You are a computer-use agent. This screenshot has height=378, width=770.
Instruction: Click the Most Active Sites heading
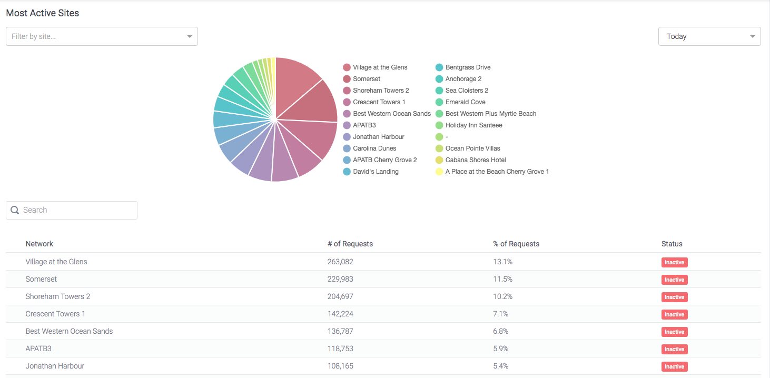(43, 13)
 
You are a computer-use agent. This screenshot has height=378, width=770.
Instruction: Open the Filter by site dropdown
(102, 36)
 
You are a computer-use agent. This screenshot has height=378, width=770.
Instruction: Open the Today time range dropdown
(709, 36)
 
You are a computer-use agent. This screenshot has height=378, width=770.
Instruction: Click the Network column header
(40, 244)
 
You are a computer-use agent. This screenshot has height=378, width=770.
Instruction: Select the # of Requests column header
(350, 244)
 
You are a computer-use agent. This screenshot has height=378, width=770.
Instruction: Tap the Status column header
(672, 244)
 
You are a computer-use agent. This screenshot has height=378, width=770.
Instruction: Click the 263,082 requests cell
(340, 262)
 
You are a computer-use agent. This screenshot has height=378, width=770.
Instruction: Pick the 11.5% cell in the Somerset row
(502, 279)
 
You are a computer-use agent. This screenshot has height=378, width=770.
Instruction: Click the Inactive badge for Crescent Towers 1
(674, 314)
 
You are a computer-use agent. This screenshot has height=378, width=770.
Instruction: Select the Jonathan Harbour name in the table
(55, 366)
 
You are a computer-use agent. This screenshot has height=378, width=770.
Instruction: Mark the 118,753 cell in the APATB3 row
(340, 349)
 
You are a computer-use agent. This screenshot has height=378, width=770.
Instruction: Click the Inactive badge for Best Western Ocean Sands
(674, 332)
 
